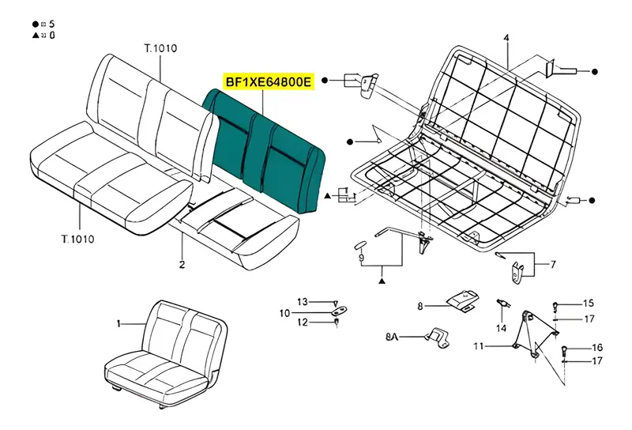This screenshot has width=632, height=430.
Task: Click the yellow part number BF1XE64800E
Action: (x=269, y=82)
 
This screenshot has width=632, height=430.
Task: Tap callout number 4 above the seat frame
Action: (x=506, y=38)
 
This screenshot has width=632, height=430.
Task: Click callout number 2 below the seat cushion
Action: (x=182, y=265)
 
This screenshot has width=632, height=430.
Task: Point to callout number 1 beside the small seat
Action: (x=118, y=323)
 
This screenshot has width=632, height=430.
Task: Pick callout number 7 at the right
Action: (x=553, y=264)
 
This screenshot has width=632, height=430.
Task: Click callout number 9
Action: (x=361, y=258)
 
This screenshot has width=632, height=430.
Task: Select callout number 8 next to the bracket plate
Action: (x=420, y=306)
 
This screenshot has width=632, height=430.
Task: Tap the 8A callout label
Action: (x=392, y=337)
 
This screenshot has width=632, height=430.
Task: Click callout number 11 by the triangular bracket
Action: (x=479, y=346)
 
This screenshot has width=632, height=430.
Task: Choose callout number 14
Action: (x=501, y=328)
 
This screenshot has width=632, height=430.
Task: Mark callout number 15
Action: (x=589, y=303)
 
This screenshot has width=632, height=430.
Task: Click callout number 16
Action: (x=597, y=347)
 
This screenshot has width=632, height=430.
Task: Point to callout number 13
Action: (x=303, y=302)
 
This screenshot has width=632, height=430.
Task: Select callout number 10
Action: (x=284, y=313)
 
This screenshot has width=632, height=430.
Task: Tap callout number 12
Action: (x=303, y=322)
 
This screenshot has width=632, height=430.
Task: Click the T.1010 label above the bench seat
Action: (x=160, y=48)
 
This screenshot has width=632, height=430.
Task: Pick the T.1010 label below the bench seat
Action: (x=77, y=240)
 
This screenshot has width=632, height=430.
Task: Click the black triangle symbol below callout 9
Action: (x=382, y=281)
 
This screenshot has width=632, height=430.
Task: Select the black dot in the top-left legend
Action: (x=36, y=25)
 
